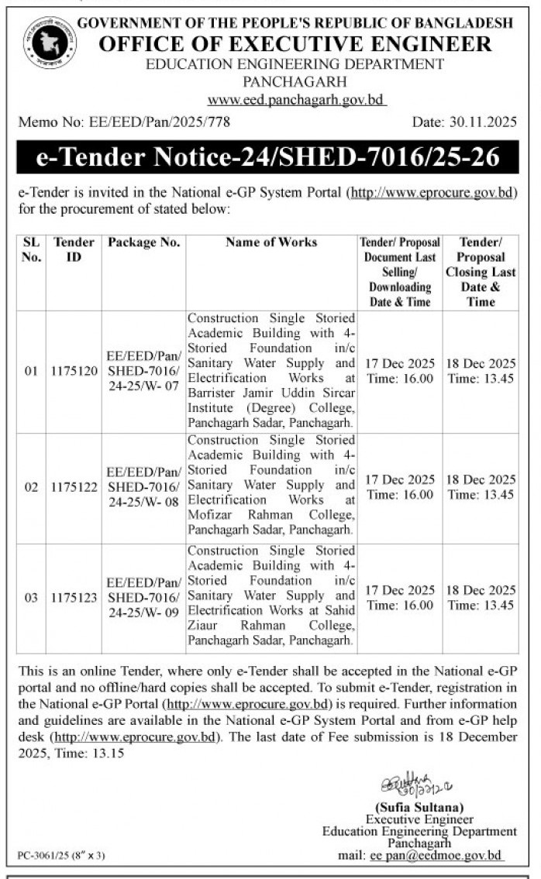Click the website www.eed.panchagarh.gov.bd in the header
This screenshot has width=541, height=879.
pyautogui.click(x=298, y=100)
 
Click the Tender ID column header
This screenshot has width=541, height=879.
pyautogui.click(x=74, y=249)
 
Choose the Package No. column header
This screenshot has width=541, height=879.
pyautogui.click(x=144, y=242)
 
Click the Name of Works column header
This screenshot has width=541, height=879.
pyautogui.click(x=271, y=242)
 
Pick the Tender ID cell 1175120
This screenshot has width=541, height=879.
pyautogui.click(x=74, y=371)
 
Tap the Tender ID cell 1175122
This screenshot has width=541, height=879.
pyautogui.click(x=74, y=487)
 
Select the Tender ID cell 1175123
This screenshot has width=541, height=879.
pyautogui.click(x=74, y=597)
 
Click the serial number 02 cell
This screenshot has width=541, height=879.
pyautogui.click(x=31, y=487)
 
